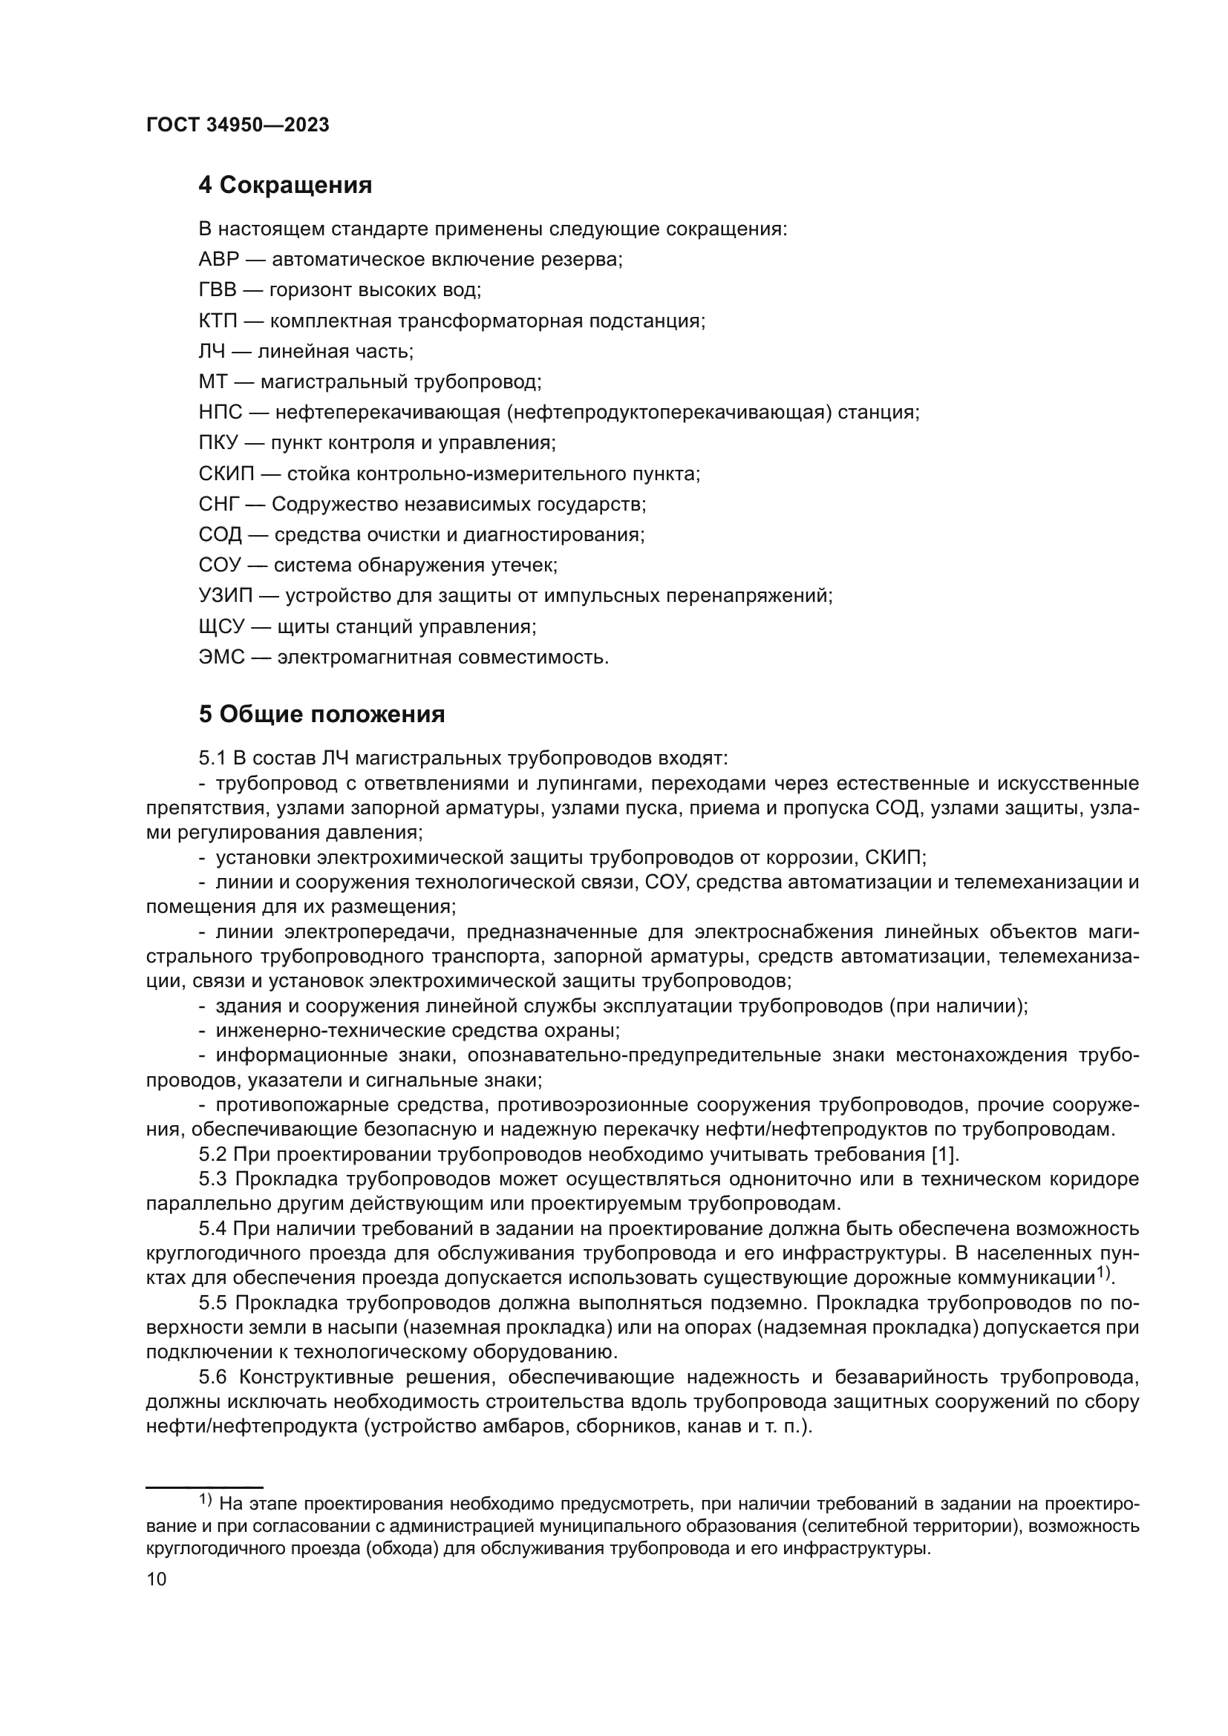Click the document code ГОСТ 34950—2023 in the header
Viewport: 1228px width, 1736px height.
[238, 125]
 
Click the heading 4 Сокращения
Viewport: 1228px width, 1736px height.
[285, 186]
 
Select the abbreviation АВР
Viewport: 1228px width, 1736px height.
[218, 259]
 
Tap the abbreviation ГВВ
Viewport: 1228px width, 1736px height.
[217, 290]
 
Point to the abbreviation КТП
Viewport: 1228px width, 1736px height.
[218, 321]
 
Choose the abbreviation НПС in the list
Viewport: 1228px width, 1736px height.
[221, 413]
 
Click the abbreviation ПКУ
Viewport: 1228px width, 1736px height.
[218, 443]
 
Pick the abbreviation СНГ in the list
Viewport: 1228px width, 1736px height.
[218, 504]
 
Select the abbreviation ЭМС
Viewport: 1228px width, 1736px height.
[221, 657]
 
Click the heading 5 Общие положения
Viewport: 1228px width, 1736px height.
[321, 715]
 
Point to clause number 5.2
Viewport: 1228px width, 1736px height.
[212, 1155]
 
